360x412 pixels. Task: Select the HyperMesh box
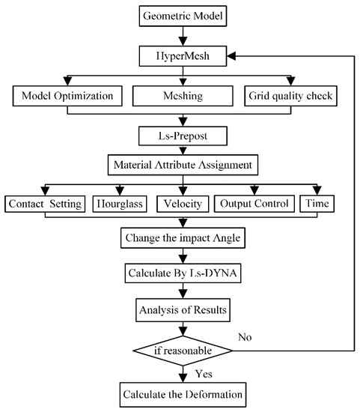tap(180, 57)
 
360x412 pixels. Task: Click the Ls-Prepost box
tap(180, 136)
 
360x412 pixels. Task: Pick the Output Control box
tap(253, 204)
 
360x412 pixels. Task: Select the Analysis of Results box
tap(180, 307)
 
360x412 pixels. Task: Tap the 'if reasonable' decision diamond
tap(180, 348)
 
